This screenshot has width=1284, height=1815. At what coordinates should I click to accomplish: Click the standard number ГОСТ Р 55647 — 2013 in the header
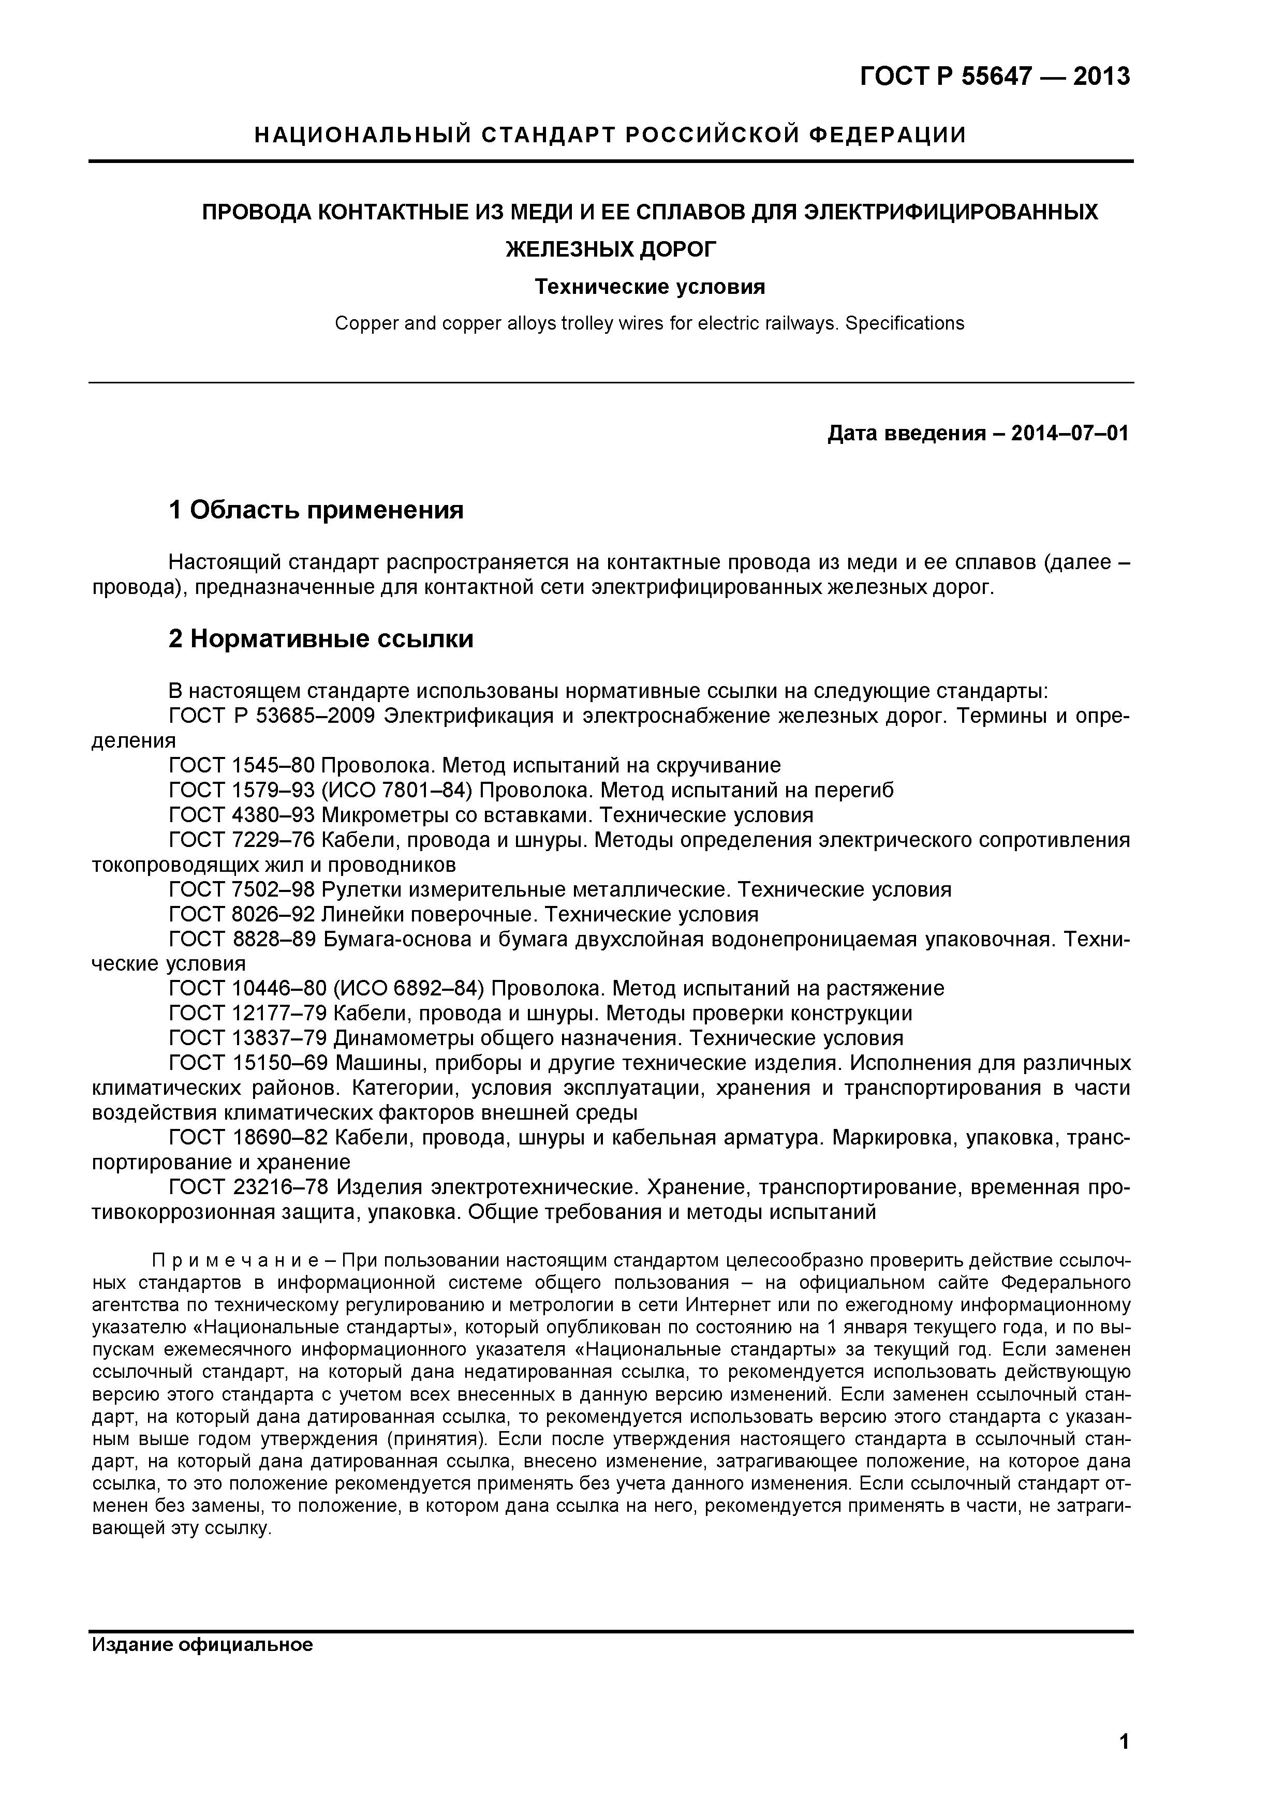pos(995,77)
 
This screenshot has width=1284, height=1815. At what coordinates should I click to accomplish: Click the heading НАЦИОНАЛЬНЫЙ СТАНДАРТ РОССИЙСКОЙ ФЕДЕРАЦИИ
pos(610,135)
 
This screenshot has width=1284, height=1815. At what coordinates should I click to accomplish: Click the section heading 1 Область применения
pos(316,510)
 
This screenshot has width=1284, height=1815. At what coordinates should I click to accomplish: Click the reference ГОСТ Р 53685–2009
pos(276,716)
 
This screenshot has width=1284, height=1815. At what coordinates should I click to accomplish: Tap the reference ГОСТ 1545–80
pos(242,765)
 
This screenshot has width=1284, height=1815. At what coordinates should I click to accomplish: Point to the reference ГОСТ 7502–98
pos(242,889)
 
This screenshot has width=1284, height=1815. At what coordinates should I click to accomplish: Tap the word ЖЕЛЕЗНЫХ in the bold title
pos(565,250)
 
